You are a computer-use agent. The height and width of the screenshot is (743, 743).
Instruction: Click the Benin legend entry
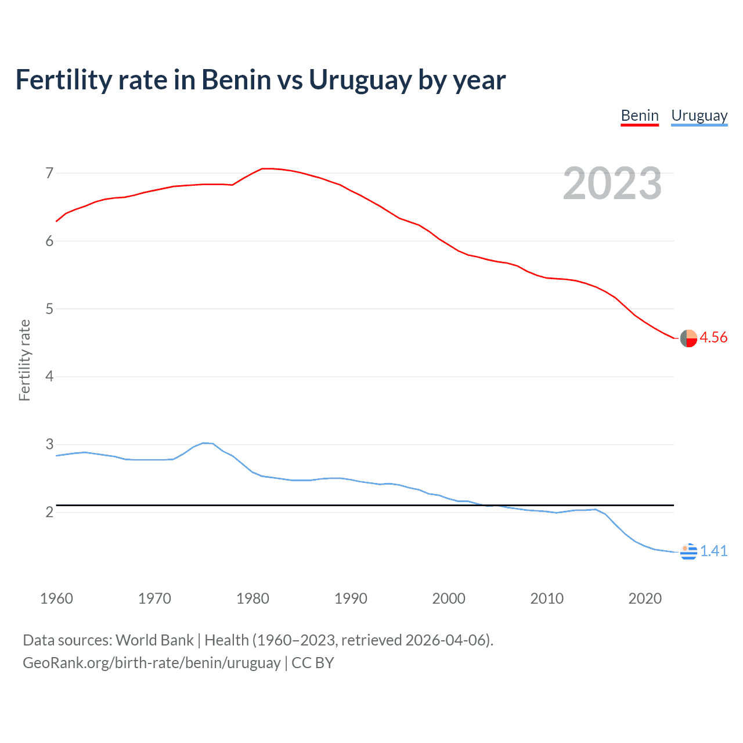coord(640,116)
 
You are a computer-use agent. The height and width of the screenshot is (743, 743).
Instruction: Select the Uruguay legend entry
coord(699,116)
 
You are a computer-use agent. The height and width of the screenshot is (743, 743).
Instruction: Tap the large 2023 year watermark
coord(612,183)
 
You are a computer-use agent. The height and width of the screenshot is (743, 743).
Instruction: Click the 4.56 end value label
coord(713,337)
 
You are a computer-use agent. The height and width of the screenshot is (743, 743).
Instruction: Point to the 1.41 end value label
coord(713,551)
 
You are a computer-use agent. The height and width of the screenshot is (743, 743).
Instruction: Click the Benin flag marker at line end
coord(688,338)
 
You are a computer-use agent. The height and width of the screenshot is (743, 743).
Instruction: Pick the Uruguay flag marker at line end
coord(688,551)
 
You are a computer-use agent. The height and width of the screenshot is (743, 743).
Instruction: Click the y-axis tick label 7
coord(49,173)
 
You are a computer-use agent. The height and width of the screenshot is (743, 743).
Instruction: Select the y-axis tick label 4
coord(49,377)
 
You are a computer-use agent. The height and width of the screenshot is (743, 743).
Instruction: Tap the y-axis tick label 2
coord(49,512)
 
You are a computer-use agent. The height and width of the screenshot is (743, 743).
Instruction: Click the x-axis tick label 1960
coord(56,598)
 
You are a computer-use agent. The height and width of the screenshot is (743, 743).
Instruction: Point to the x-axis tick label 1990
coord(351,598)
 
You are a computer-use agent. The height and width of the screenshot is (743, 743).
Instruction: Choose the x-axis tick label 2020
coord(645,598)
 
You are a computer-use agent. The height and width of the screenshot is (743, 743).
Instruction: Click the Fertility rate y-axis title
coord(24,360)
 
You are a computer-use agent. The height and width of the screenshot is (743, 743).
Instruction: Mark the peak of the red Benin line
coord(264,168)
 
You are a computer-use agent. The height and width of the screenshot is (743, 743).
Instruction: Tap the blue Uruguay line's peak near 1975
coord(204,443)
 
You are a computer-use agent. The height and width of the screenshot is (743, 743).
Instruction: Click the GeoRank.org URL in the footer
coord(152,663)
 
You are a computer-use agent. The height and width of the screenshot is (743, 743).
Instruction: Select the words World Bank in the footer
coord(154,640)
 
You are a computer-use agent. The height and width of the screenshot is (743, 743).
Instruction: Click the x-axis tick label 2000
coord(449,598)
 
